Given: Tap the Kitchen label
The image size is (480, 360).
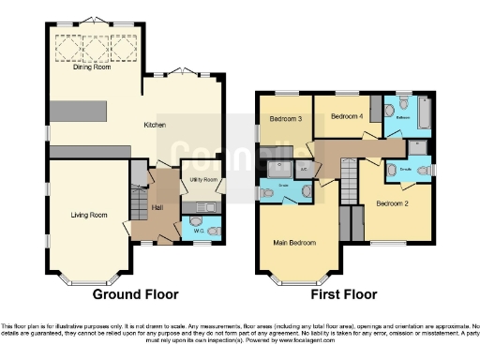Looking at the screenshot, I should [x=154, y=124].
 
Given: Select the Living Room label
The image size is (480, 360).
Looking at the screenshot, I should [x=89, y=215].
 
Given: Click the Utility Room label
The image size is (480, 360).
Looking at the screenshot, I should [x=203, y=179].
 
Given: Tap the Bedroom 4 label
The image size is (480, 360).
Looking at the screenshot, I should [x=346, y=116].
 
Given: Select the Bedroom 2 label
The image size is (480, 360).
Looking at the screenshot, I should [x=391, y=202].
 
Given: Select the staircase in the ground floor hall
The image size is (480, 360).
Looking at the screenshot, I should [x=139, y=172].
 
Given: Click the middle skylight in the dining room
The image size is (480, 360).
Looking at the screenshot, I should [x=95, y=46].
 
